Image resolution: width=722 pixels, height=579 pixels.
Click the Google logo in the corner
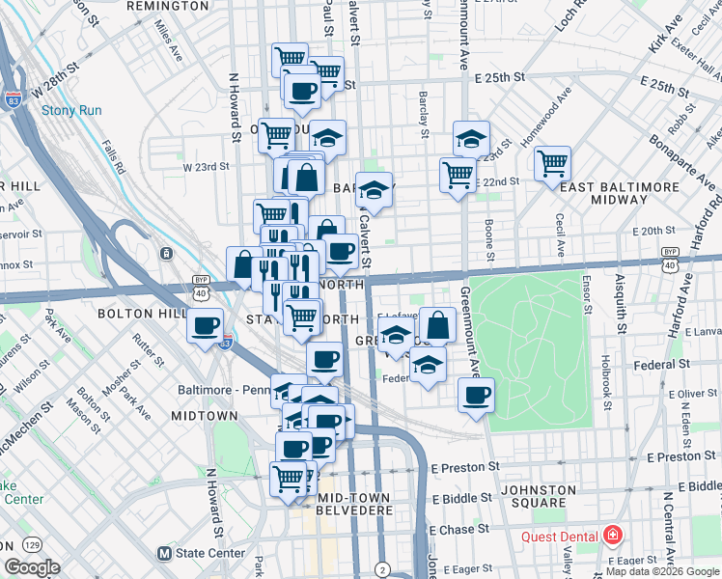[33, 567]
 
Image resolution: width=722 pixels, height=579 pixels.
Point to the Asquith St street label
[621, 314]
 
